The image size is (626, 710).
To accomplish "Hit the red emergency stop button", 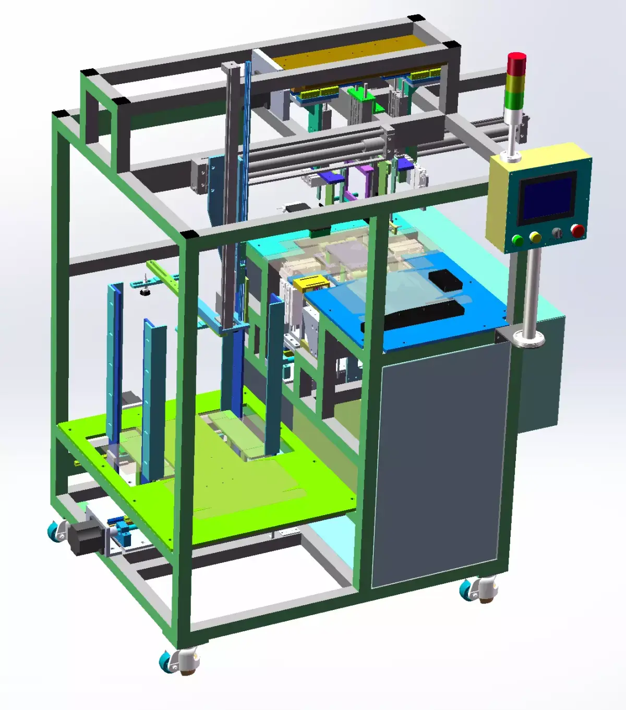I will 577,230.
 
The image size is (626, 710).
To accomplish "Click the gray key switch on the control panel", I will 558,234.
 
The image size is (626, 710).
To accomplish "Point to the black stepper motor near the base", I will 83,537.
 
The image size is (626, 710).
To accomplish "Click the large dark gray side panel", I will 438,464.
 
